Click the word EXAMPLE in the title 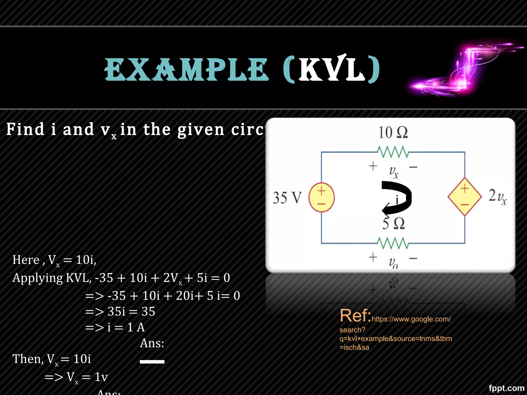pos(186,69)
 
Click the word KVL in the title pos(332,69)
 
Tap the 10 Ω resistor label pos(393,132)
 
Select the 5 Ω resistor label pos(393,223)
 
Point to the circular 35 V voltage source pos(321,197)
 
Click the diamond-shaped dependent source pos(464,197)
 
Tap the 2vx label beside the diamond pos(497,196)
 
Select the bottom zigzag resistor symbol pos(393,243)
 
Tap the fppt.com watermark pos(506,388)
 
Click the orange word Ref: pos(355,316)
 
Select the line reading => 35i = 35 pos(120,312)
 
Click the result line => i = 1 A pos(115,327)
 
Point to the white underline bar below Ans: pos(152,362)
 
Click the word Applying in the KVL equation pos(38,278)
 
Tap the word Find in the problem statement pos(25,129)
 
